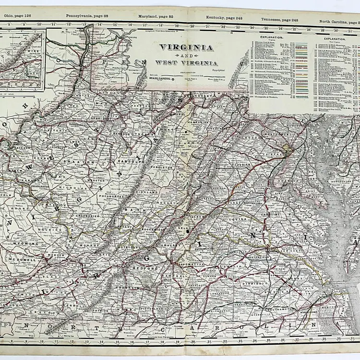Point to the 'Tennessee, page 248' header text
coord(280,20)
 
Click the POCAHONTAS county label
coord(108,197)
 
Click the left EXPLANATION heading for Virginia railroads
coord(272,37)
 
